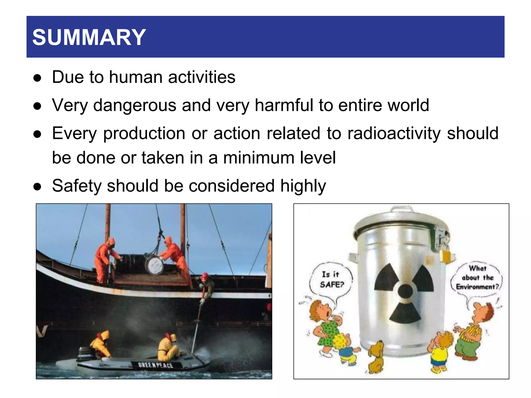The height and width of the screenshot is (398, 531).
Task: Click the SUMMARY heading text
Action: point(89,37)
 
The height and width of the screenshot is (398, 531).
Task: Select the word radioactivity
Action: point(394,133)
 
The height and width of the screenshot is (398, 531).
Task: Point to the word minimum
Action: point(258,158)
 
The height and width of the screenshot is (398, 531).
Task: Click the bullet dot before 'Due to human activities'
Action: point(38,78)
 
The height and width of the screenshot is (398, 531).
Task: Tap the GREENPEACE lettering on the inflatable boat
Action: point(155,365)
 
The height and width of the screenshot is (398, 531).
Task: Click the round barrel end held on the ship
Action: point(154,266)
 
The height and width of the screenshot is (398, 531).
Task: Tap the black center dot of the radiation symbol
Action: point(405,291)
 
